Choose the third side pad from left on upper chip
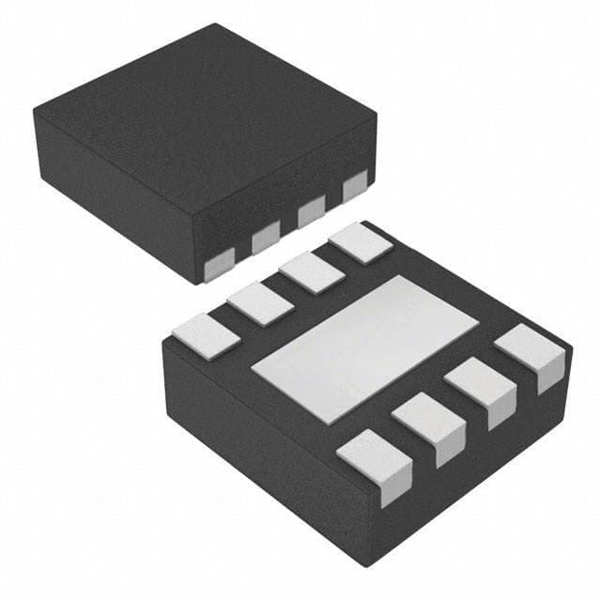pyautogui.click(x=311, y=214)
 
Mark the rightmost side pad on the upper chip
pyautogui.click(x=354, y=189)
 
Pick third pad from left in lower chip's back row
pyautogui.click(x=311, y=272)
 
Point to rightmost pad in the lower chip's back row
pyautogui.click(x=360, y=243)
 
